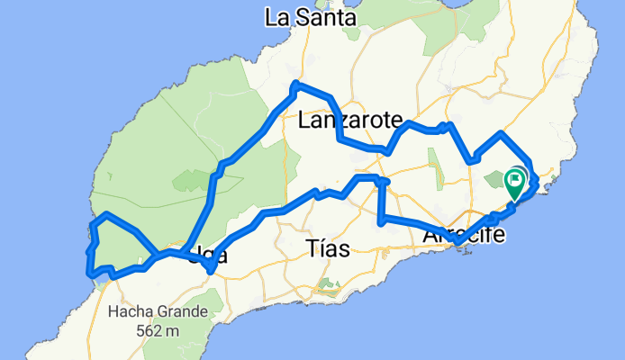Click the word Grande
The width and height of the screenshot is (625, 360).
pyautogui.click(x=185, y=312)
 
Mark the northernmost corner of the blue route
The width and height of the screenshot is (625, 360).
pyautogui.click(x=295, y=85)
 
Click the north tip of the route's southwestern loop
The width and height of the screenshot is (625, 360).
pyautogui.click(x=107, y=214)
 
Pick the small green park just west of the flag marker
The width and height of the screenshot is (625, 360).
pyautogui.click(x=495, y=181)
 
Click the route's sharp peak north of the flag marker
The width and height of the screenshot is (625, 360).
pyautogui.click(x=500, y=133)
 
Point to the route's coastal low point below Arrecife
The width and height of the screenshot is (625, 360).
pyautogui.click(x=458, y=243)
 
